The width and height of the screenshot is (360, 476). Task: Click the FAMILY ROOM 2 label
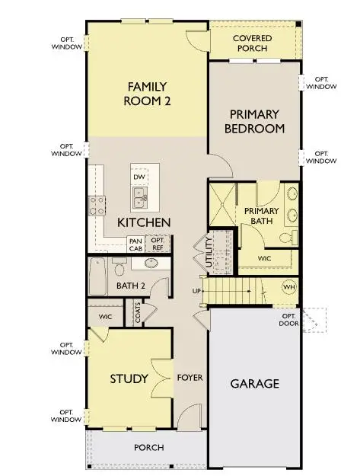pos(147,93)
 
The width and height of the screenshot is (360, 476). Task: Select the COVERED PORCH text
pos(252,43)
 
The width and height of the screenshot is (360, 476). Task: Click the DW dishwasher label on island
pos(139,177)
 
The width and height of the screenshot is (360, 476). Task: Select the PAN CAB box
pos(135,244)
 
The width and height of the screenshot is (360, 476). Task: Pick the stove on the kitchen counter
pos(98,203)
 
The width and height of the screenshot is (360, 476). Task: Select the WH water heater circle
pos(288,287)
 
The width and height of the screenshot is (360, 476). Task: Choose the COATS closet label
pos(138,315)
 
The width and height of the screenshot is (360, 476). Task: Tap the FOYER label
pos(190,378)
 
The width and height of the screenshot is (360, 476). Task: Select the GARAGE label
pos(254,383)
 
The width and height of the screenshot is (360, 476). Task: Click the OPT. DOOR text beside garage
pos(289,321)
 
